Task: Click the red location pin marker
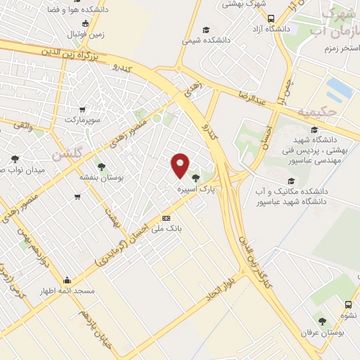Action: (181, 165)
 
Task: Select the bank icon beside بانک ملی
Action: (166, 218)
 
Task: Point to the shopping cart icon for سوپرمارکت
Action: (83, 110)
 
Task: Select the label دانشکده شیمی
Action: (206, 41)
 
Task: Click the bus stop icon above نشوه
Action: (348, 305)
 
